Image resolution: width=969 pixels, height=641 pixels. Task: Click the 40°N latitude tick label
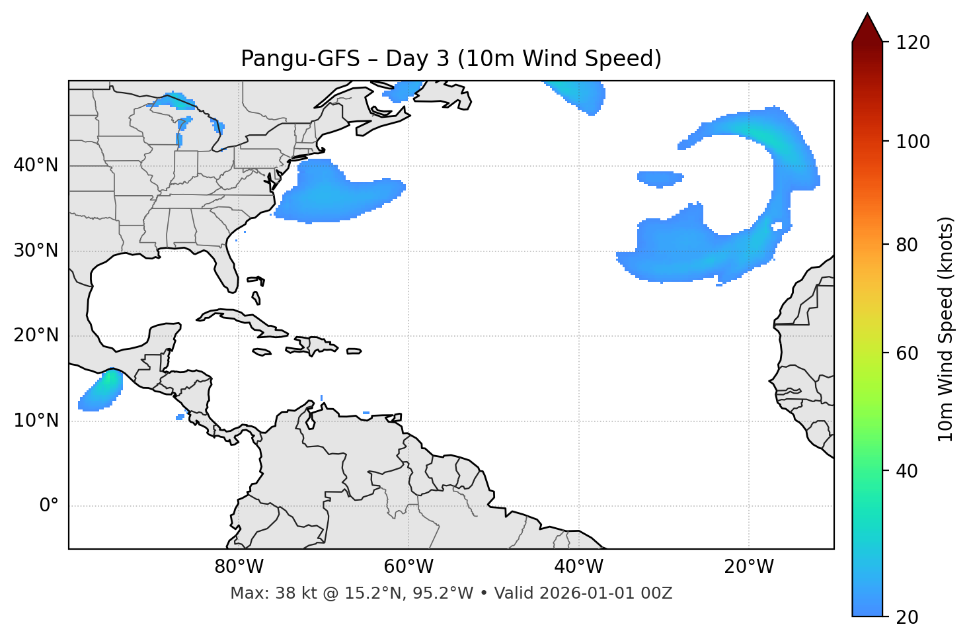coord(36,165)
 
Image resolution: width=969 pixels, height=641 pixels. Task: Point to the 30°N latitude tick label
coord(36,251)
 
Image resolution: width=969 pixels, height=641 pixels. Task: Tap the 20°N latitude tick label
coord(36,335)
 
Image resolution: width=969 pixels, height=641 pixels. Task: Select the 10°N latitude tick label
coord(36,421)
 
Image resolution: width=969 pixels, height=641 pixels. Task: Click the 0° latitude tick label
coord(49,506)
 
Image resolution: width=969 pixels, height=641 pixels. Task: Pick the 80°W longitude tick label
coord(239,567)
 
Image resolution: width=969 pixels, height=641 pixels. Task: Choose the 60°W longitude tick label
coord(408,567)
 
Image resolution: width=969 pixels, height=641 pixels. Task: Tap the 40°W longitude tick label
coord(578,567)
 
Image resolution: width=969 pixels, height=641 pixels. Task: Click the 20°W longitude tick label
coord(749,567)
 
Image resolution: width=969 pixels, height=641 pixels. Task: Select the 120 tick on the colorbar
coord(913,43)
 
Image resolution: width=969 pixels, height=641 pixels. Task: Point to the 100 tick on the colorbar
coord(913,142)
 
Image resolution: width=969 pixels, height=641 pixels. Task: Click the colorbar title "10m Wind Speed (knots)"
coord(946,329)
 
